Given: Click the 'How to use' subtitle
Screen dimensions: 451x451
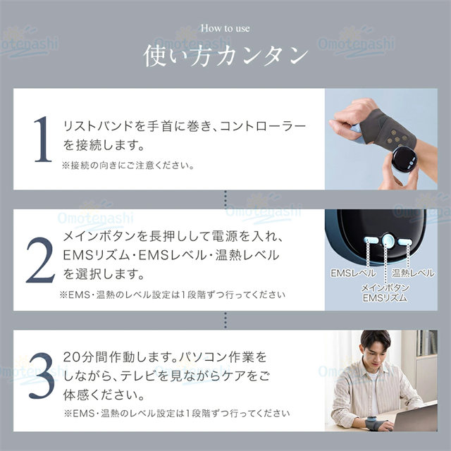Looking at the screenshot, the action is click(x=225, y=28).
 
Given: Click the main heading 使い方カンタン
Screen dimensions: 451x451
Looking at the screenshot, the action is click(x=225, y=56).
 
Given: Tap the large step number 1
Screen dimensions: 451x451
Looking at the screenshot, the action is click(x=42, y=139).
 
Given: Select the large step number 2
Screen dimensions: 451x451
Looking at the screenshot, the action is click(x=41, y=260).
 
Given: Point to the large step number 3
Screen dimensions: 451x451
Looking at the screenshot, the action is click(x=42, y=376).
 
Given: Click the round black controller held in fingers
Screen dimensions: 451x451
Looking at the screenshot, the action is click(x=404, y=159).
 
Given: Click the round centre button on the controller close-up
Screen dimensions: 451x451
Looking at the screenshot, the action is click(x=388, y=240).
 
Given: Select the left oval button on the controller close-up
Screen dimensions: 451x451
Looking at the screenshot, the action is click(x=371, y=240).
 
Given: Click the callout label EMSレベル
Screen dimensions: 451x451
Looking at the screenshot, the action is click(x=353, y=273).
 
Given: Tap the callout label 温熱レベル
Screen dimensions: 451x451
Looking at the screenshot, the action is click(x=414, y=273).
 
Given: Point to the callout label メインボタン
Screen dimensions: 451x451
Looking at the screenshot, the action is click(x=385, y=288).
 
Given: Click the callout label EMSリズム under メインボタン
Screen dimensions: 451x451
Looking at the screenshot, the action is click(x=385, y=298).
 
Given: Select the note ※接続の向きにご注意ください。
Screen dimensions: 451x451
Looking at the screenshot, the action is click(x=128, y=166).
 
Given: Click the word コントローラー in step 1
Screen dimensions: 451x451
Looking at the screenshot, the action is click(x=263, y=126).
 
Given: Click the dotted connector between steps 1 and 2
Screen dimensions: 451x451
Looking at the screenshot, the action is click(x=225, y=199).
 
